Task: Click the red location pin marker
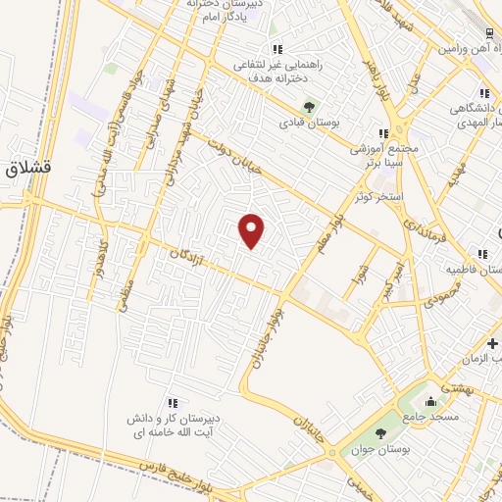pos(252,230)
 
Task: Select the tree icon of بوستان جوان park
pos(379,433)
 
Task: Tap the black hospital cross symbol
pos(492,343)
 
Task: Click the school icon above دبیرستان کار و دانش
pos(173,402)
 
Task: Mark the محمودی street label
pos(444,301)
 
